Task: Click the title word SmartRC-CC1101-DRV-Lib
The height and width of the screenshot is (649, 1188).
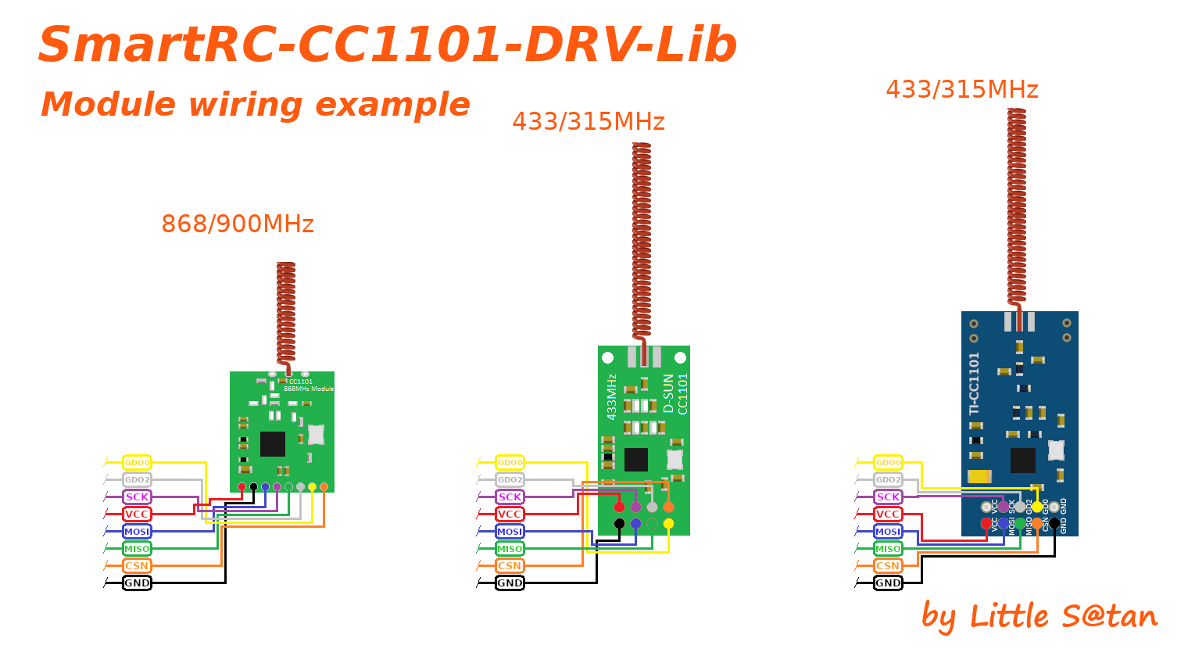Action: point(387,45)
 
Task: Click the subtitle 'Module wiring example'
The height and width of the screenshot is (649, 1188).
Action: point(255,105)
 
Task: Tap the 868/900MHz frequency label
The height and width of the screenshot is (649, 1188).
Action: point(237,224)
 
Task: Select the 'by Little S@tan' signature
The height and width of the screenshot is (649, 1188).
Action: point(1039,617)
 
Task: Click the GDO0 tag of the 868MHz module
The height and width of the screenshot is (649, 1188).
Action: point(137,463)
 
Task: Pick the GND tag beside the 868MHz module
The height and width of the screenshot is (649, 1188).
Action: point(137,583)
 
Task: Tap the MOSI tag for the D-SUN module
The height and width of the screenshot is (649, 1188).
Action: point(510,532)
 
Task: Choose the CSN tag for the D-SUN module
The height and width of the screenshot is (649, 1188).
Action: point(510,566)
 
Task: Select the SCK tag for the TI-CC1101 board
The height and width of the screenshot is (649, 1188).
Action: point(888,497)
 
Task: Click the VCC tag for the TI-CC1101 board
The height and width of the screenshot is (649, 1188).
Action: point(888,515)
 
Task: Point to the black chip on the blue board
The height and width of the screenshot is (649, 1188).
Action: point(1022,461)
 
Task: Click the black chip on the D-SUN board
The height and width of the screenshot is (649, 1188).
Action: point(636,460)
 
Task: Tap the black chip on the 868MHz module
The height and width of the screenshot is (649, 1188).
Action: point(272,444)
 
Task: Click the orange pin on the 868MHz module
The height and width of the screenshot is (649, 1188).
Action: point(324,487)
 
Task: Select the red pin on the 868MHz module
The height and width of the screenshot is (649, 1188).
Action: point(242,487)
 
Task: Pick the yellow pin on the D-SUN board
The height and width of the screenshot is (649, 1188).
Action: point(668,524)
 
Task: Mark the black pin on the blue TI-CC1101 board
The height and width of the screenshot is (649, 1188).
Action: point(1054,523)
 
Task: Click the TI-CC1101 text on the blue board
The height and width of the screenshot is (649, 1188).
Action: point(974,383)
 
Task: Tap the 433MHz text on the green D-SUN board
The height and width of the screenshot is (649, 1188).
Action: point(612,396)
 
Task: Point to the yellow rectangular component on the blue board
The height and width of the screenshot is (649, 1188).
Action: point(979,476)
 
